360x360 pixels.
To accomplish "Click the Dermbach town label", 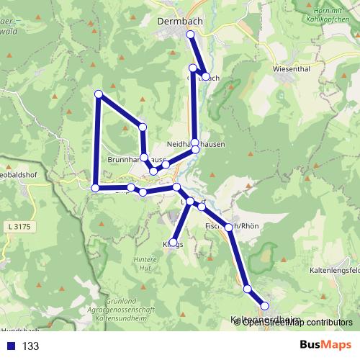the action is [180, 22].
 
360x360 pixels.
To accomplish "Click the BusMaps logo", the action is [320, 346].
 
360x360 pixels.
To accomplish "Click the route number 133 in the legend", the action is [30, 346].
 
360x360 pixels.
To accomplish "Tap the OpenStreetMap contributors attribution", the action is [297, 322].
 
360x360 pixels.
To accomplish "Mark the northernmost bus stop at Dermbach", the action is [190, 35].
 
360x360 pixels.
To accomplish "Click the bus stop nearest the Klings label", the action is [174, 242].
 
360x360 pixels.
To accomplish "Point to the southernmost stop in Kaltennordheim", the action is [265, 307].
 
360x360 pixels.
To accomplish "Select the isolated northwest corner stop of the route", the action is [99, 94].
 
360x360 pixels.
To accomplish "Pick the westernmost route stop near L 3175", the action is [95, 188].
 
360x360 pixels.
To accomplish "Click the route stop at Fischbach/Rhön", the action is [228, 227].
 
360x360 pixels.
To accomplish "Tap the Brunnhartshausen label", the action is [137, 159].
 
